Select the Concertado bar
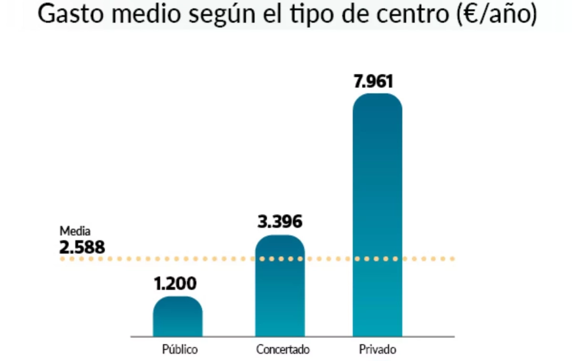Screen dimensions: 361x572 click(280, 286)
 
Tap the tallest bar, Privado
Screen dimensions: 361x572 click(377, 215)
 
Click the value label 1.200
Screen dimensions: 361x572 click(175, 284)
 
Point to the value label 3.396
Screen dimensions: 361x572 click(280, 222)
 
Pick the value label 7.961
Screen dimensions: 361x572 click(373, 82)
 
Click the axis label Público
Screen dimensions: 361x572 click(180, 350)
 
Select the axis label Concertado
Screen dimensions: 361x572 click(283, 350)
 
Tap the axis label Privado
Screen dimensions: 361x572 click(378, 350)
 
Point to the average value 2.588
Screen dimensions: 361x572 click(82, 248)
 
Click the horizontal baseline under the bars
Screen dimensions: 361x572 click(292, 337)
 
